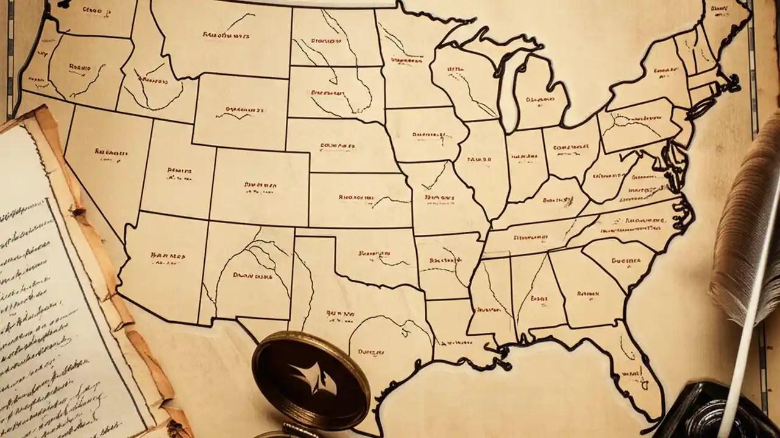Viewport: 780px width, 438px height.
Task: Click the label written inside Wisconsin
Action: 456,70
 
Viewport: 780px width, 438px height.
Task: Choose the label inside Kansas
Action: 355,198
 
